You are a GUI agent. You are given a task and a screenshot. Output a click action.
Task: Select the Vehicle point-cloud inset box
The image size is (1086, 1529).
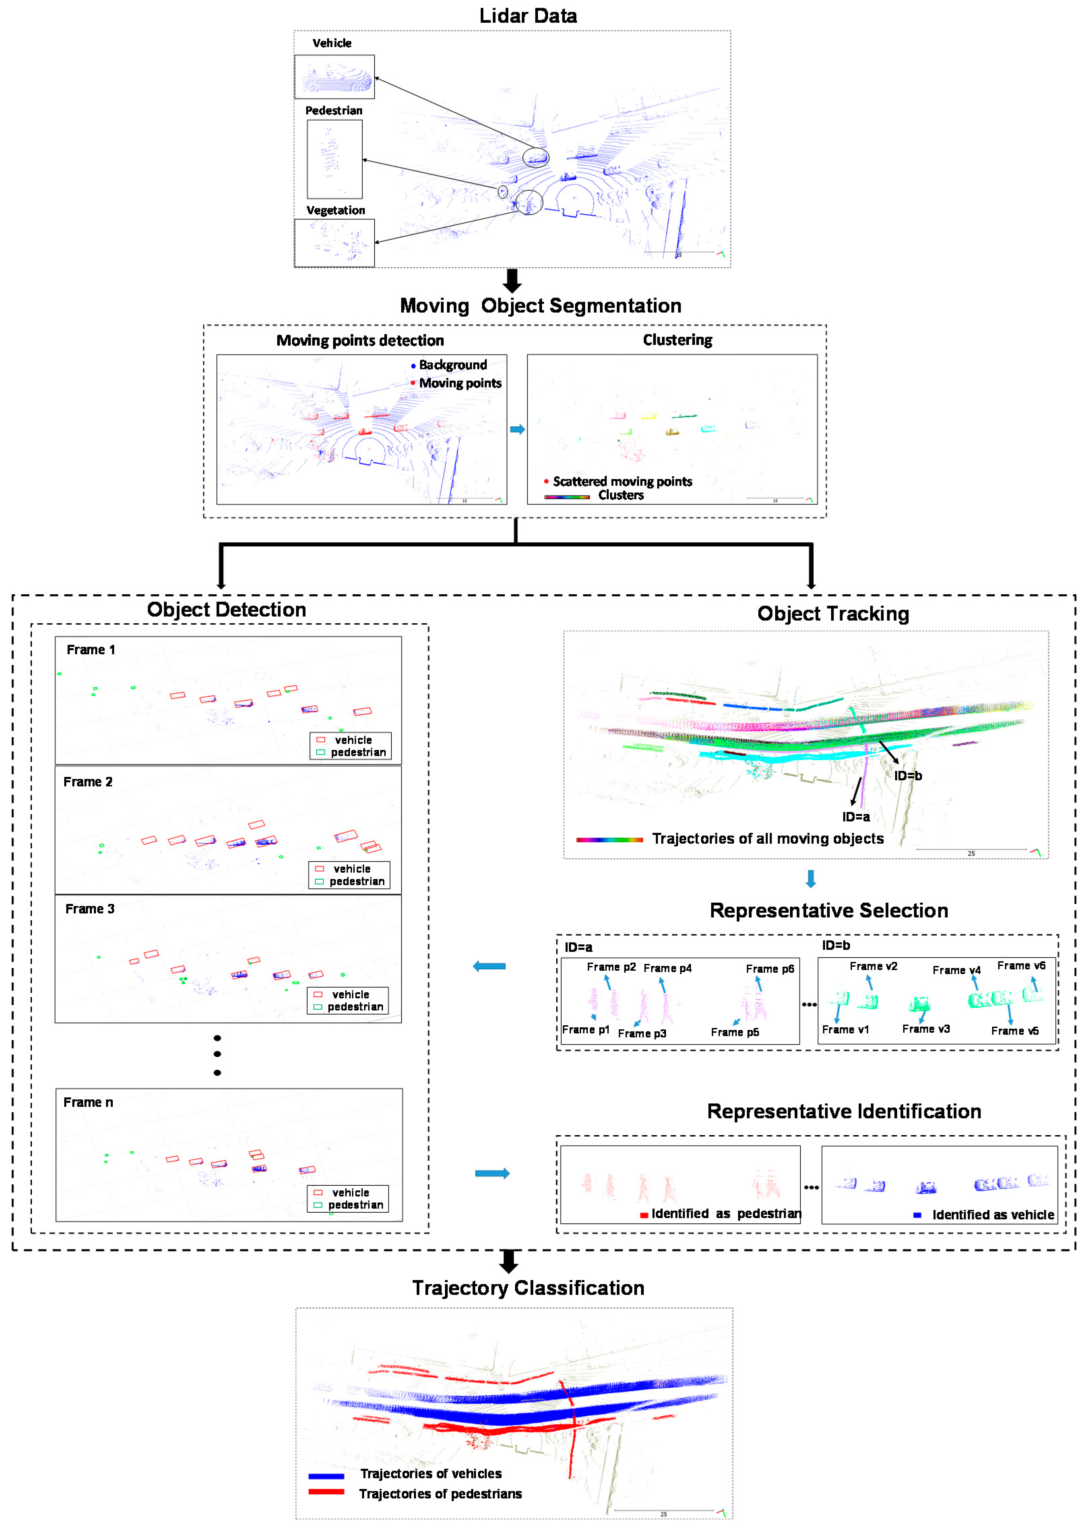[334, 77]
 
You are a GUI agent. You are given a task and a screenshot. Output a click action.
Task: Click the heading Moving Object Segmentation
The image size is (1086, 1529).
[540, 306]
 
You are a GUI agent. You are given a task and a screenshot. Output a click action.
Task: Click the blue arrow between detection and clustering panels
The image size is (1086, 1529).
[517, 429]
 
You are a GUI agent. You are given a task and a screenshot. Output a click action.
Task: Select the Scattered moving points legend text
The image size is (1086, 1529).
[622, 481]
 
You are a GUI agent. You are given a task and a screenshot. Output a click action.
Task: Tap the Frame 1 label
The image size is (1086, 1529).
[91, 650]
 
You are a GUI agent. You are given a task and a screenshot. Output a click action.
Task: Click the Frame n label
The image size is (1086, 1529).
[88, 1102]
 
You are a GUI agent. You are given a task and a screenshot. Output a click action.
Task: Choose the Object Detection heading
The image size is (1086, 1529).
[227, 609]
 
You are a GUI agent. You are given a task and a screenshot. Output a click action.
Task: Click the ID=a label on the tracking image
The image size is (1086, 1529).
[856, 817]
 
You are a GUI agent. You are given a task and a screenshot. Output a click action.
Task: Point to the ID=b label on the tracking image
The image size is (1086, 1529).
[908, 776]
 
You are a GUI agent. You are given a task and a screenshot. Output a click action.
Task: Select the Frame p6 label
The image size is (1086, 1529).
[770, 968]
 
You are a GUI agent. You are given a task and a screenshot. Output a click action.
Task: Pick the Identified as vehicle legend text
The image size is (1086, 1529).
[993, 1215]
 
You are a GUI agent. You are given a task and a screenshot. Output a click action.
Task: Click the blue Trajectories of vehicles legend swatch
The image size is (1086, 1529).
[326, 1475]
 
